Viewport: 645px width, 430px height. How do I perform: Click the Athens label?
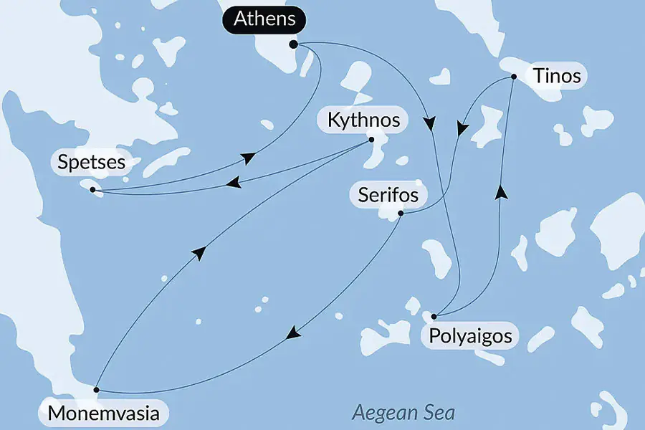coord(264,19)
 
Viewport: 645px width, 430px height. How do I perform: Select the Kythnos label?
coord(363,120)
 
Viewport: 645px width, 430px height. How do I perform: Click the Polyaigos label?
coord(470,335)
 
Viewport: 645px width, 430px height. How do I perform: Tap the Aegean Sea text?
coord(403,413)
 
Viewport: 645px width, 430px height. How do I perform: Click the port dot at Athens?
coord(293,44)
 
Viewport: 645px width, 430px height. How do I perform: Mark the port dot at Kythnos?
coord(371,140)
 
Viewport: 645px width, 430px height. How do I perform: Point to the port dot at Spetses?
coord(92,189)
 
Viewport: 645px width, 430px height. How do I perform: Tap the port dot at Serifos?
coord(401,213)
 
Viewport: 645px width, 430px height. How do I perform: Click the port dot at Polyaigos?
coord(434,316)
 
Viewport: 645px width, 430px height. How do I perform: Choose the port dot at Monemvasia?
coord(97,390)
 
